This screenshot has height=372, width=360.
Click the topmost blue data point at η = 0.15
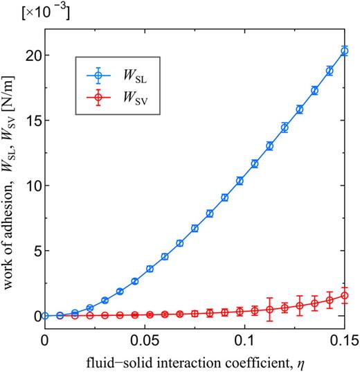click(x=345, y=51)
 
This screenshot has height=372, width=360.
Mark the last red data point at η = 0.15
click(x=345, y=296)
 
